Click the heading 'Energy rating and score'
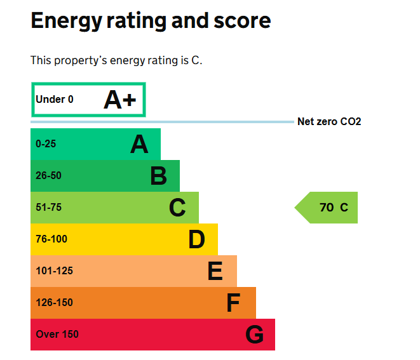[151, 22]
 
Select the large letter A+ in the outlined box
[121, 100]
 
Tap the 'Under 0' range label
[55, 100]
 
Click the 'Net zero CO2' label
[329, 121]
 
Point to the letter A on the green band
[139, 144]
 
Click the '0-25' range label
[46, 144]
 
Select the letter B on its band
[158, 176]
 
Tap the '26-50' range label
[48, 176]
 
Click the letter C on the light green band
[177, 208]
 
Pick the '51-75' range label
[48, 208]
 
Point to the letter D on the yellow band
[196, 239]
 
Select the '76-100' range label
[51, 239]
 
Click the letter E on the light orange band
[215, 271]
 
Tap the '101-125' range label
[54, 271]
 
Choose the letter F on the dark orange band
[233, 303]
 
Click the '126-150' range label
[54, 303]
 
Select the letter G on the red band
[254, 335]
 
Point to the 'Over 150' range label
[57, 335]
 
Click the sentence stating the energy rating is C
[116, 61]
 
